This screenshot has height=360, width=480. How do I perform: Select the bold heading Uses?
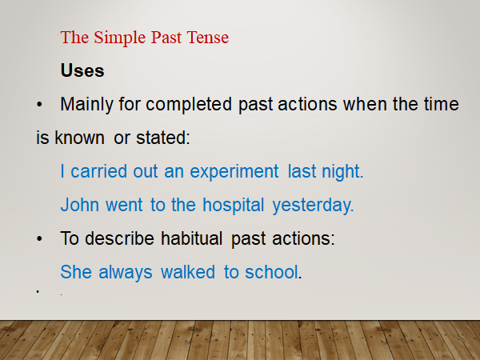coord(82,70)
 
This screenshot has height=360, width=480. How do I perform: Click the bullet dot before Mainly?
coord(40,105)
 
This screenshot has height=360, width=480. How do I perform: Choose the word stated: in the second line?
coord(163,138)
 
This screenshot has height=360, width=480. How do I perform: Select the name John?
coord(78,205)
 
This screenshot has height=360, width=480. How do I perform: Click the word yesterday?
coord(313,205)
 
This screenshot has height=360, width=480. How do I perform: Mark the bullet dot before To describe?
coord(40,239)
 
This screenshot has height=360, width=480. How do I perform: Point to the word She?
coord(76,272)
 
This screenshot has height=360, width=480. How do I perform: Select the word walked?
coord(188,272)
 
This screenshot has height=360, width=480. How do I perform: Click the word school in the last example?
coord(270,272)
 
